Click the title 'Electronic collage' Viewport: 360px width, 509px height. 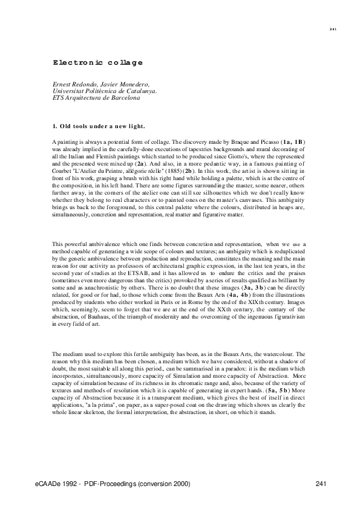point(97,62)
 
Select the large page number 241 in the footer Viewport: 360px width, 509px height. point(321,484)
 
